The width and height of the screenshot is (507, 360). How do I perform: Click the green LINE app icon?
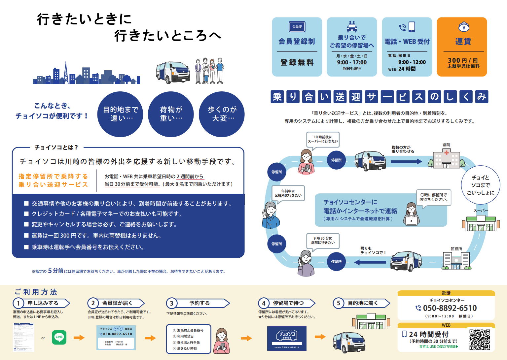click(x=59, y=337)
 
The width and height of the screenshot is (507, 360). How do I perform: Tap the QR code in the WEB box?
click(x=480, y=339)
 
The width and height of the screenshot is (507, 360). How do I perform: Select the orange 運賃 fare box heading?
click(x=463, y=42)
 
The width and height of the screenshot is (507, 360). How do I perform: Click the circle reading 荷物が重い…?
click(x=171, y=114)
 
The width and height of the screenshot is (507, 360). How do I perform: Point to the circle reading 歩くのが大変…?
click(x=222, y=114)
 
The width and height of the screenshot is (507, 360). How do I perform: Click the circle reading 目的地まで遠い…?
click(x=120, y=114)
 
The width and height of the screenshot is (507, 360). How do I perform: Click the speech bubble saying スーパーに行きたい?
click(x=323, y=139)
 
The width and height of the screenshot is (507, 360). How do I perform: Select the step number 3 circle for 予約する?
click(x=172, y=303)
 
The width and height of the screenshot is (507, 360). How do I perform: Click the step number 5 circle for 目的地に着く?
click(x=339, y=303)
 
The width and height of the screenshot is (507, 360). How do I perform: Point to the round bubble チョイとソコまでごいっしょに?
click(x=480, y=185)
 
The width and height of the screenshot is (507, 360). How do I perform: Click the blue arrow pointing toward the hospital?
click(x=406, y=161)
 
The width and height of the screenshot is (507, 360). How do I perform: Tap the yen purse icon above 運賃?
click(x=464, y=27)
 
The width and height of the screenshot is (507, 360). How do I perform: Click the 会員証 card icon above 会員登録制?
click(x=297, y=27)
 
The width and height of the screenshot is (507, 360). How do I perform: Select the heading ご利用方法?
click(x=36, y=292)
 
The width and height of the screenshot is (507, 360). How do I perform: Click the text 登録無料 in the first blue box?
click(x=297, y=63)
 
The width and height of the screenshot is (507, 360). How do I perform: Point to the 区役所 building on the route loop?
click(x=456, y=260)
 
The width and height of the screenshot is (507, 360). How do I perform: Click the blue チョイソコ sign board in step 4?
click(x=287, y=338)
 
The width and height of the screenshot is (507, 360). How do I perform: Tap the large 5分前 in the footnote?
click(x=55, y=271)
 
